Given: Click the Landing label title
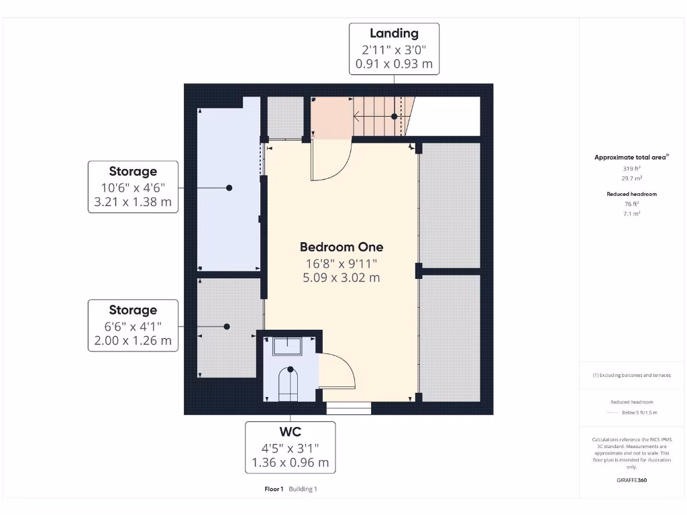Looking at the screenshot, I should pos(394,34).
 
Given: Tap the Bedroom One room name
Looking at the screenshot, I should pos(341,247).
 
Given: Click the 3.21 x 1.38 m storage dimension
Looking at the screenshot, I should pos(133,201).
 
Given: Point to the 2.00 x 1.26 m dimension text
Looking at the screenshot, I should pos(133,340).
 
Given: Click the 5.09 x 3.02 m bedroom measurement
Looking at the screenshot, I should pos(341,277).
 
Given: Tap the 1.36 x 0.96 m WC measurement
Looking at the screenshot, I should pos(290,462).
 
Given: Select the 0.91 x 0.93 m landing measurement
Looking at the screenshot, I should pos(394,64).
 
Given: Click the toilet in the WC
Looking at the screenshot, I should pos(289,384).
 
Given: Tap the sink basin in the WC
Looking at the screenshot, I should pos(288,345).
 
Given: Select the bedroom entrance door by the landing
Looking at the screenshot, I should pos(330,161).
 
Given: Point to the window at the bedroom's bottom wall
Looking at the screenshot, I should pos(348,408).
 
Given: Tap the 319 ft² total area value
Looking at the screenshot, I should pos(631,169).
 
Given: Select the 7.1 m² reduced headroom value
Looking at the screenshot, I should pos(631,213).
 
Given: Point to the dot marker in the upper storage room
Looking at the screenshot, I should pos(229,188).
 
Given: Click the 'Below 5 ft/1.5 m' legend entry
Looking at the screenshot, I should pos(639,412).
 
